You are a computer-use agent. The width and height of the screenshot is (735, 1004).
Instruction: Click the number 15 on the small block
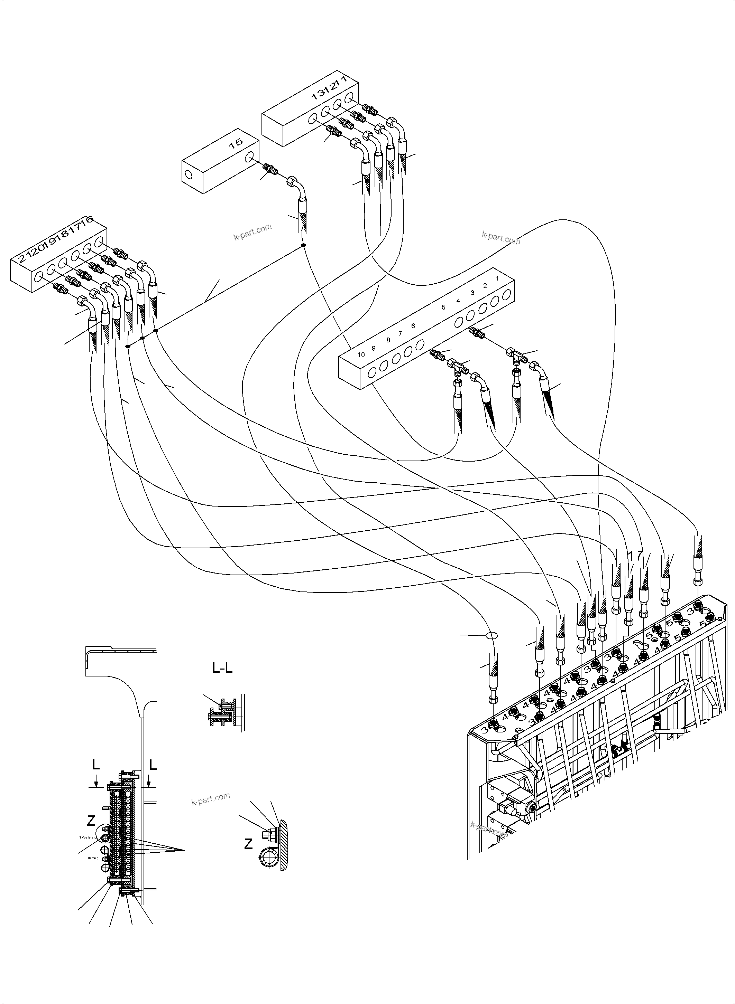pyautogui.click(x=236, y=142)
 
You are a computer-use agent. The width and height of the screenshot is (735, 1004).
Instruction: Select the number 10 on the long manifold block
pyautogui.click(x=361, y=355)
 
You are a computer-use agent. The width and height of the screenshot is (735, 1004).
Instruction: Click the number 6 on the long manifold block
pyautogui.click(x=413, y=326)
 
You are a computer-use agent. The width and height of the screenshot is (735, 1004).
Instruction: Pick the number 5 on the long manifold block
pyautogui.click(x=443, y=307)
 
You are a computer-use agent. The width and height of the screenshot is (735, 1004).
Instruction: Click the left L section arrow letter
pyautogui.click(x=96, y=765)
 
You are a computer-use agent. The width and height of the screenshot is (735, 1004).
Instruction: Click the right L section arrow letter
pyautogui.click(x=153, y=765)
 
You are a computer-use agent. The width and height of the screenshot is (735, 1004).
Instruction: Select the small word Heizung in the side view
pyautogui.click(x=93, y=858)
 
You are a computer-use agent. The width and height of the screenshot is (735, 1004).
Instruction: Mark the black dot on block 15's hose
pyautogui.click(x=303, y=245)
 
